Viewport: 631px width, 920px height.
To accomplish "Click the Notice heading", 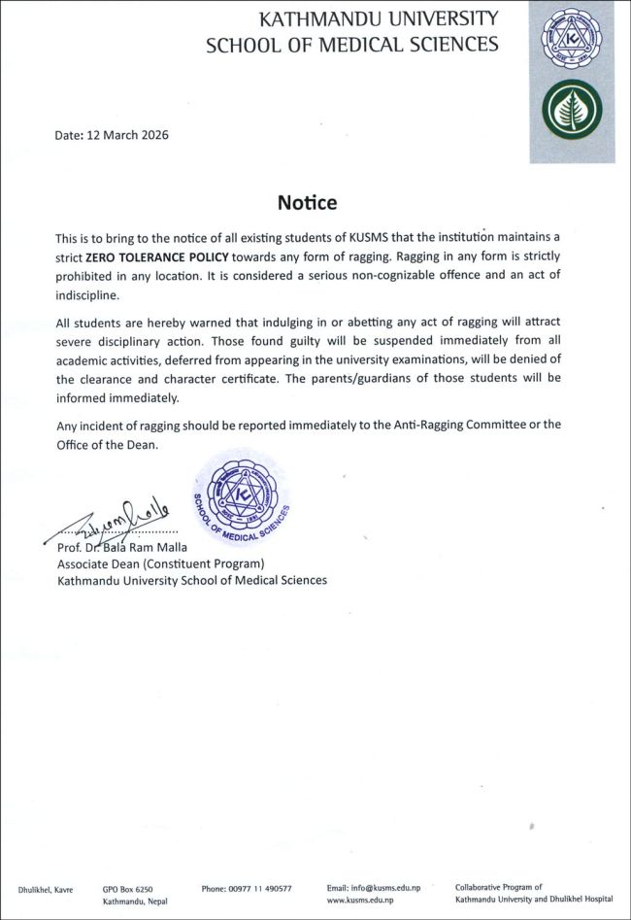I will (307, 203).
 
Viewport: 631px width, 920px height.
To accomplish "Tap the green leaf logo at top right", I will (572, 110).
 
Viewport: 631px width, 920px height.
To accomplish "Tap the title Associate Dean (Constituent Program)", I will (161, 563).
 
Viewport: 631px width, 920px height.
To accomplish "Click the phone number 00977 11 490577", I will (247, 888).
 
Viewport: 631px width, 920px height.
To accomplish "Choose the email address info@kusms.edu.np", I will (374, 888).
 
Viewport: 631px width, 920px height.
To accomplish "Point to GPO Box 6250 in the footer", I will (127, 888).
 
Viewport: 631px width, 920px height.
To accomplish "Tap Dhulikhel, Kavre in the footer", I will (46, 888).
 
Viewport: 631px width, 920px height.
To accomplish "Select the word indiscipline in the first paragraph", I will (86, 293).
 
